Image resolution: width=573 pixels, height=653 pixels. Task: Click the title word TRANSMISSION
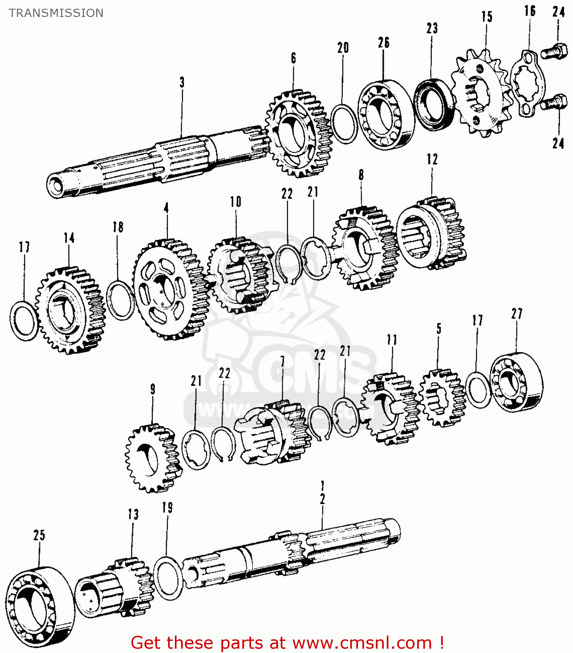56,13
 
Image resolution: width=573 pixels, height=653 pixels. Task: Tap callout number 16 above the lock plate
529,11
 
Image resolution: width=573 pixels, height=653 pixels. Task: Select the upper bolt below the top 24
554,52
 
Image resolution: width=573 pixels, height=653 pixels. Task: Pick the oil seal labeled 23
433,104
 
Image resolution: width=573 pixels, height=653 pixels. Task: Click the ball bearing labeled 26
385,114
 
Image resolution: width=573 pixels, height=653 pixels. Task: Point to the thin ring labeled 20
344,124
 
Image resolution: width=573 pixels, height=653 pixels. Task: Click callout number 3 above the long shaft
182,82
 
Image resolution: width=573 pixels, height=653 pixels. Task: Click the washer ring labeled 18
120,300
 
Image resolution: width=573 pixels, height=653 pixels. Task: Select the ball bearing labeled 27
516,382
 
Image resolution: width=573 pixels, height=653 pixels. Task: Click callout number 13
133,514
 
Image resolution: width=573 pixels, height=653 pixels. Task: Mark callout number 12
432,159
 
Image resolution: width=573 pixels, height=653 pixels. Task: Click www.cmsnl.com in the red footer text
362,643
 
